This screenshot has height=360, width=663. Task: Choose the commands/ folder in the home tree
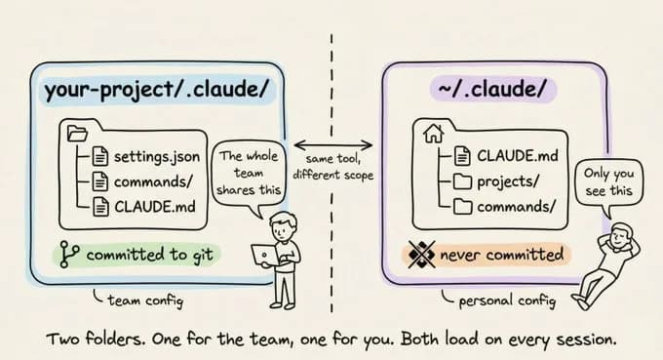tap(517, 205)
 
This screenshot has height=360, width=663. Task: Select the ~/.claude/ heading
tap(493, 91)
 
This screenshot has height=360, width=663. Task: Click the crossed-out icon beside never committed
tap(420, 256)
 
